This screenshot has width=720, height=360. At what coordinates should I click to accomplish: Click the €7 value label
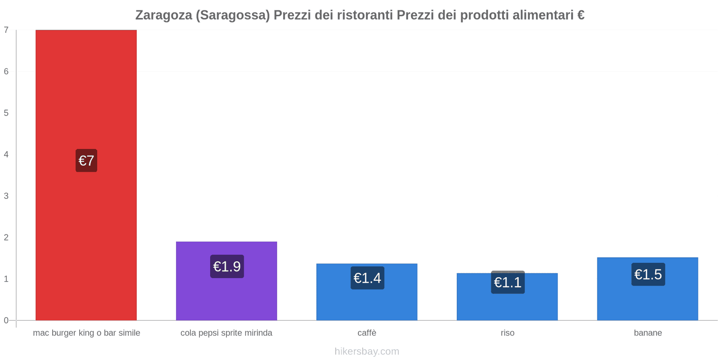(x=86, y=161)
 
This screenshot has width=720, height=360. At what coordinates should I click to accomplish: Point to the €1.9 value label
(x=227, y=267)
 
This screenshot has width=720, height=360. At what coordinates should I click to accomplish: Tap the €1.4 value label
(x=367, y=278)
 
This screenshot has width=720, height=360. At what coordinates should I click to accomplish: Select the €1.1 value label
(x=508, y=283)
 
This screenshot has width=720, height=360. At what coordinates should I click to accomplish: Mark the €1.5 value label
(x=648, y=274)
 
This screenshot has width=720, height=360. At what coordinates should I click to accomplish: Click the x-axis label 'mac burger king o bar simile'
(x=86, y=333)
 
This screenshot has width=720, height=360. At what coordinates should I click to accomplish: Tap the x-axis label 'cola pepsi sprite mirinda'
(x=226, y=333)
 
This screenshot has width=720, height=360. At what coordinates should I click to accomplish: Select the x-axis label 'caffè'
(x=367, y=333)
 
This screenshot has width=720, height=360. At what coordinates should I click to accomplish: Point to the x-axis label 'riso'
(x=507, y=333)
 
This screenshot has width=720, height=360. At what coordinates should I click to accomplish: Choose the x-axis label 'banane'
(x=648, y=333)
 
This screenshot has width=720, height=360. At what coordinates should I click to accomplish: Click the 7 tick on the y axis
(x=6, y=30)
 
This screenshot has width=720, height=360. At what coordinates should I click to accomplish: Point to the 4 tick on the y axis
(x=6, y=154)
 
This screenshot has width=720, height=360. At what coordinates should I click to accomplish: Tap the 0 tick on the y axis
(x=6, y=320)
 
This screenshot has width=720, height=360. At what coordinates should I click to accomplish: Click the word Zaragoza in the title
(x=164, y=15)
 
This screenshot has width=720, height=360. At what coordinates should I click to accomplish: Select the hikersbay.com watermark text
(x=367, y=351)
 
